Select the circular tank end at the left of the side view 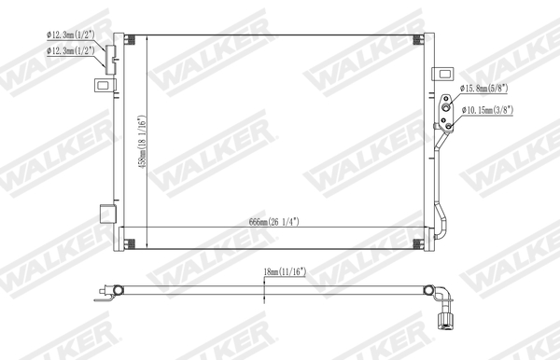[x=116, y=291]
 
